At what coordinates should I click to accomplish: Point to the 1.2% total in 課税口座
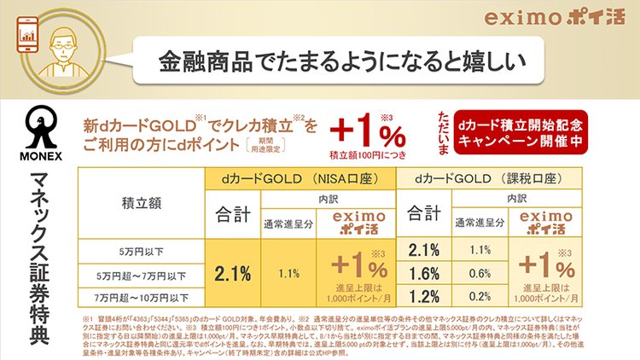click(x=424, y=296)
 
